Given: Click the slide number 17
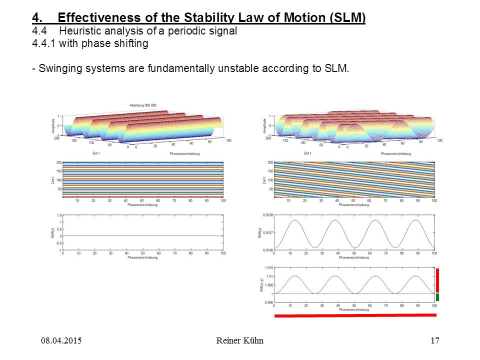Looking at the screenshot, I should coord(434,341).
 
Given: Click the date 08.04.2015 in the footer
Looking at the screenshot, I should coord(61,341).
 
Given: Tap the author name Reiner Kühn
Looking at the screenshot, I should coord(240,341).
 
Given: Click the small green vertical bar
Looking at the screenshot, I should coord(437,297).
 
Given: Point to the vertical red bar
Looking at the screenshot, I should coord(437,280).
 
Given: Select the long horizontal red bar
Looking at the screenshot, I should coord(355,315).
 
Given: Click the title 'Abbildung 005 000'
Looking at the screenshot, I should coord(143,105).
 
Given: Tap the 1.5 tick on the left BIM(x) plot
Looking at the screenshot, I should coord(59,215).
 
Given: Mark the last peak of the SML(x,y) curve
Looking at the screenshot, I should coord(419,276).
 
